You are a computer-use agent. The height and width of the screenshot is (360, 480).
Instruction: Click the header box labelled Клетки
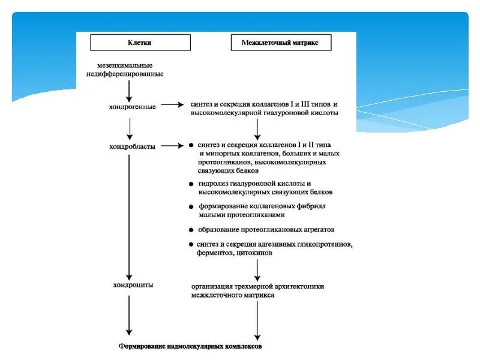coord(140,43)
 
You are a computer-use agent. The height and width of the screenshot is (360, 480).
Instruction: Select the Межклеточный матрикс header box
coord(281,43)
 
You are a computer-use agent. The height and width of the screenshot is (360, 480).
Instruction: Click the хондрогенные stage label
coord(133,106)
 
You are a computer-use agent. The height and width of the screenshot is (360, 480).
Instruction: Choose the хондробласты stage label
coord(132,146)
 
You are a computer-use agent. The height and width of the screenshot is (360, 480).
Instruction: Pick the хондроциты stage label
coord(133,284)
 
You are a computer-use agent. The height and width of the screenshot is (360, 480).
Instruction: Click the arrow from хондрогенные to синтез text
coord(172,105)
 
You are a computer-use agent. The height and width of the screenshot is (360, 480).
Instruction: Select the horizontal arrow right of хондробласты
coord(172,145)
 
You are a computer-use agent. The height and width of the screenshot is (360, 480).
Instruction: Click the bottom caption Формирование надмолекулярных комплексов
coord(190,346)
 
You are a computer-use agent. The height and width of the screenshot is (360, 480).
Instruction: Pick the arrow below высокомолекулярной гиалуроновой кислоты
coord(257,128)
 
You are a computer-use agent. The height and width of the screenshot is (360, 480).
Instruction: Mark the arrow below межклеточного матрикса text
coord(257,321)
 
